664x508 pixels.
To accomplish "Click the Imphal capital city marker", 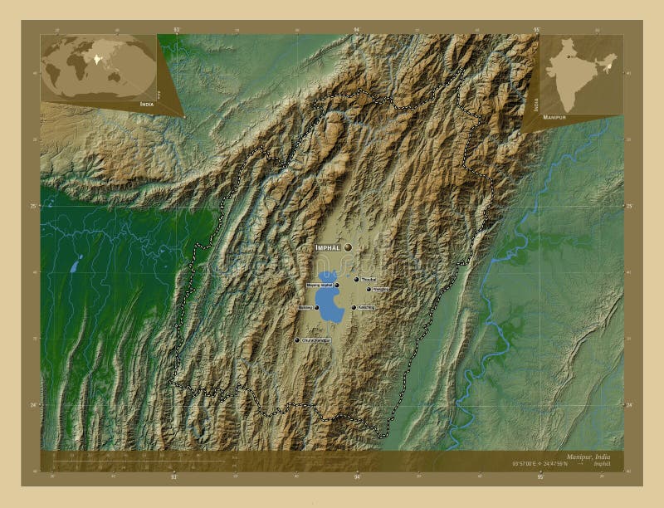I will pyautogui.click(x=349, y=247).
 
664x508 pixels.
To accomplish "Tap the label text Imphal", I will pyautogui.click(x=329, y=248).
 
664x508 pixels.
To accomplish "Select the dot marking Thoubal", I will pyautogui.click(x=357, y=280).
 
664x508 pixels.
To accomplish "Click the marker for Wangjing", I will pyautogui.click(x=369, y=290).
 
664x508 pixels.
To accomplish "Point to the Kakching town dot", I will pyautogui.click(x=354, y=308).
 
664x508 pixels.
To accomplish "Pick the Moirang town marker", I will pyautogui.click(x=316, y=308).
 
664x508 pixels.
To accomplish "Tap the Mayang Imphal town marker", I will pyautogui.click(x=336, y=286).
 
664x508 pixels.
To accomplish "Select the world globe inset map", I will pyautogui.click(x=99, y=66).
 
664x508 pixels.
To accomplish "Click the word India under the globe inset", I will pyautogui.click(x=147, y=104).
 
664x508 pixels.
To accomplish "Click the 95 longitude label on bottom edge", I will pyautogui.click(x=539, y=477).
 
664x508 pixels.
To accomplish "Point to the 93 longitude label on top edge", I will pyautogui.click(x=176, y=30).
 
